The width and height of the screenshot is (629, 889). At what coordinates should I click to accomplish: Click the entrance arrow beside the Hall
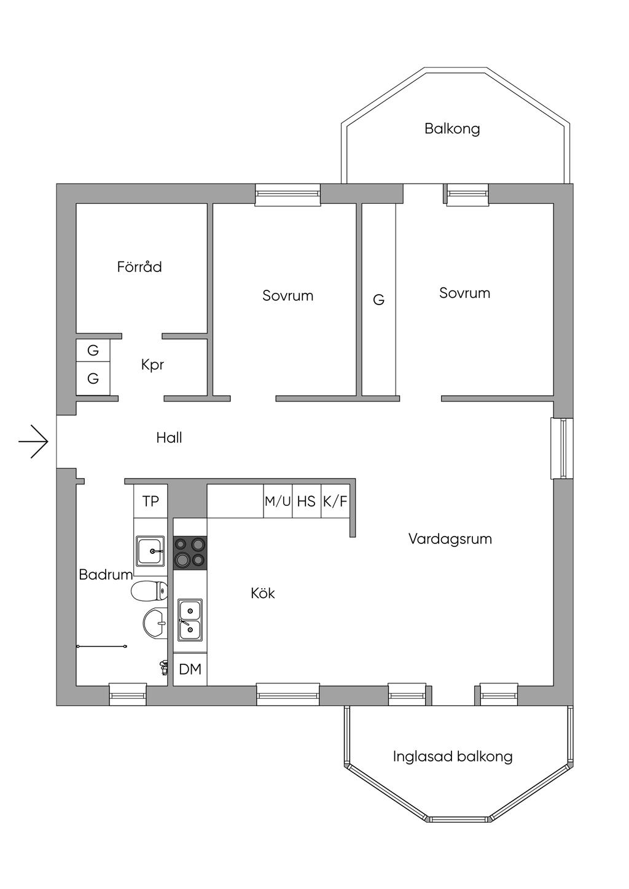click(x=33, y=441)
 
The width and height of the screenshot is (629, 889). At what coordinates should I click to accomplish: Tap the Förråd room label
click(x=139, y=266)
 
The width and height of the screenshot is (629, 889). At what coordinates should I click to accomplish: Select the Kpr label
click(x=152, y=365)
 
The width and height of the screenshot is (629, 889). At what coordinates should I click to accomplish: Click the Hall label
click(x=169, y=438)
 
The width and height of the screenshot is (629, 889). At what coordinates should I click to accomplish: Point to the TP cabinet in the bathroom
click(x=150, y=501)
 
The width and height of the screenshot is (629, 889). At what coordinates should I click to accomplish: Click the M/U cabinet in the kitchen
click(x=278, y=501)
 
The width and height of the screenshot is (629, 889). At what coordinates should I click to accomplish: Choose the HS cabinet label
click(x=306, y=501)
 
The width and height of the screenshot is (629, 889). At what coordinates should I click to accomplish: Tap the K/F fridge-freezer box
click(x=335, y=501)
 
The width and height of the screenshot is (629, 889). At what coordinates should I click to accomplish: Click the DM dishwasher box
click(x=190, y=670)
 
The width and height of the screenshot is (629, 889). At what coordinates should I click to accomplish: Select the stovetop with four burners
click(x=190, y=553)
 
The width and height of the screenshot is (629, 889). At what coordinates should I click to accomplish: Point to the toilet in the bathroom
click(x=149, y=591)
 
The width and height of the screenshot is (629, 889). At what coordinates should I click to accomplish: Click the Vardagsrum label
click(x=450, y=538)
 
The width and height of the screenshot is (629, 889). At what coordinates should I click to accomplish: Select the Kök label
click(x=263, y=593)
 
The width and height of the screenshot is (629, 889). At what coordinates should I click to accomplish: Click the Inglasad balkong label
click(x=453, y=756)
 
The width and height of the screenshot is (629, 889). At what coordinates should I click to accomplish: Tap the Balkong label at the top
click(x=452, y=128)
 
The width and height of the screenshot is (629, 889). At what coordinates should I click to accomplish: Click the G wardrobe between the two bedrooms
click(x=379, y=300)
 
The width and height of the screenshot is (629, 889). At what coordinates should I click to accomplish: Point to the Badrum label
click(x=106, y=574)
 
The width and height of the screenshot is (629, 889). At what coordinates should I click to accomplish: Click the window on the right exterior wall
click(x=562, y=448)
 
